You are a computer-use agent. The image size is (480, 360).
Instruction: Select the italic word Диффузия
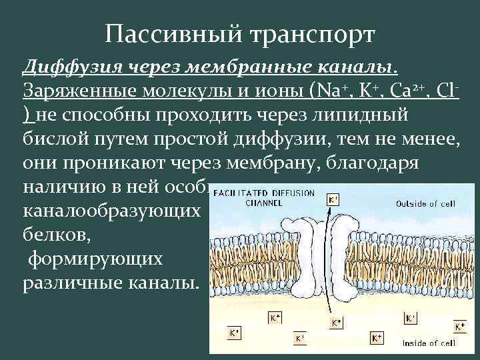point(65,67)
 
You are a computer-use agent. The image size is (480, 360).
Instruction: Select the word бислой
point(57,139)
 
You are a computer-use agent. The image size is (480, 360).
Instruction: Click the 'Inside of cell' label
point(429,343)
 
